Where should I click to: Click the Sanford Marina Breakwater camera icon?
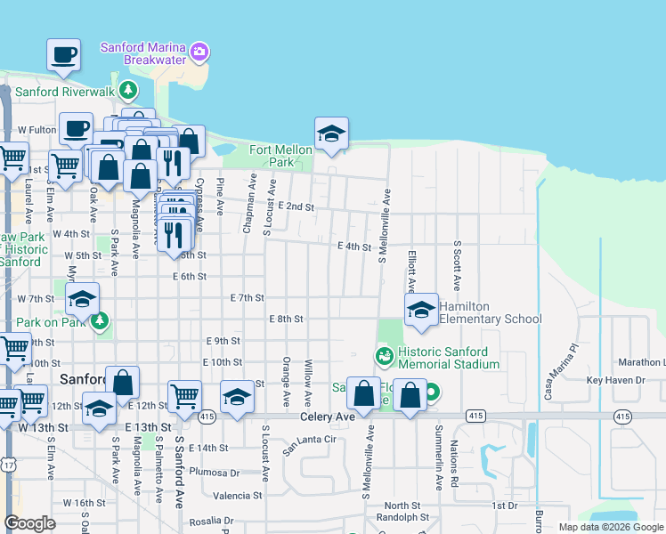[201, 53]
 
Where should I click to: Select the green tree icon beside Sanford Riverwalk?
[129, 90]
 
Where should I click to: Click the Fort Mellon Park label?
[281, 156]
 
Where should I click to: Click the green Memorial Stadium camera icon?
[385, 357]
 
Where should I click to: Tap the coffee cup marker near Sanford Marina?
[63, 56]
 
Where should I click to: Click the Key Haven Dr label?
[614, 380]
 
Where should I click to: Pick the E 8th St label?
[286, 319]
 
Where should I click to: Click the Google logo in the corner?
[30, 523]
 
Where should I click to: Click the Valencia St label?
[238, 496]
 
